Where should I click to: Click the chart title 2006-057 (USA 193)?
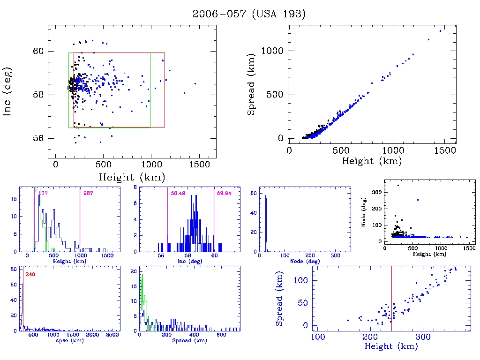[x=249, y=14]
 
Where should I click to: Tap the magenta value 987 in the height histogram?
[x=88, y=193]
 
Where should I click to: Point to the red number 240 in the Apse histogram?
[x=30, y=274]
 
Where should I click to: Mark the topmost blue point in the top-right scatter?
[x=440, y=31]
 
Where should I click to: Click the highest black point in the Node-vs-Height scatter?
[x=398, y=186]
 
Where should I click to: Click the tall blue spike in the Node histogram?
[x=266, y=220]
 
